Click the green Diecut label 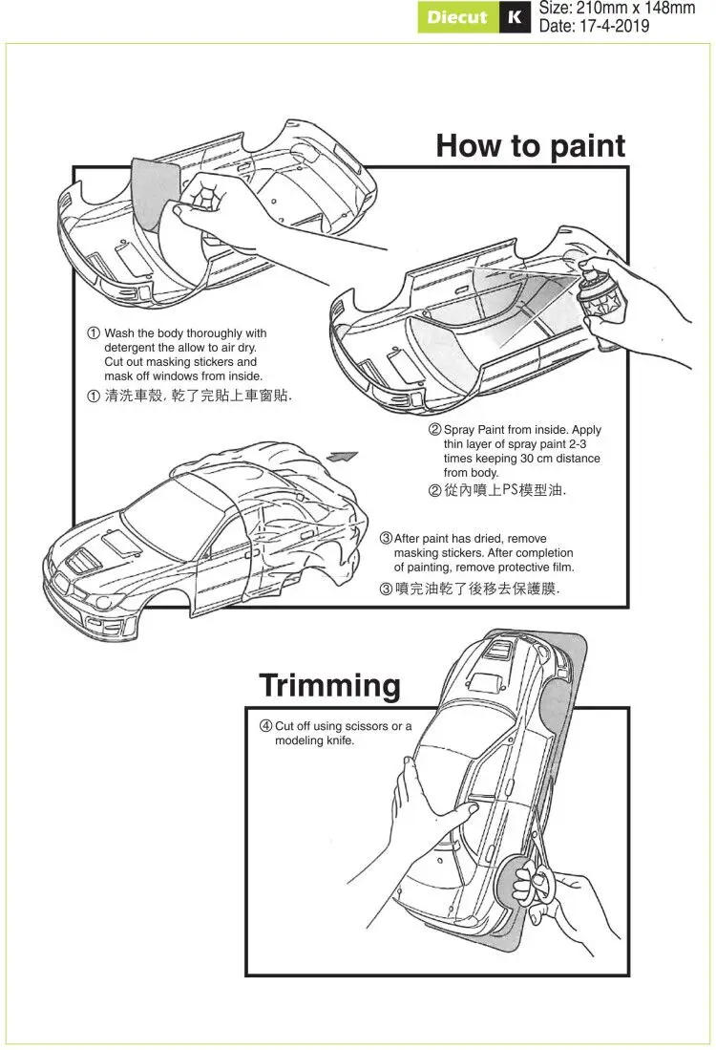click(x=457, y=17)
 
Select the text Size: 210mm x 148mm click(x=617, y=9)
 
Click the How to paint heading click(x=530, y=146)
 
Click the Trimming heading click(x=329, y=685)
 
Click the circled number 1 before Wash click(x=93, y=333)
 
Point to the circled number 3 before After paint click(x=387, y=539)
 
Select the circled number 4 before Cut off click(x=266, y=726)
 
